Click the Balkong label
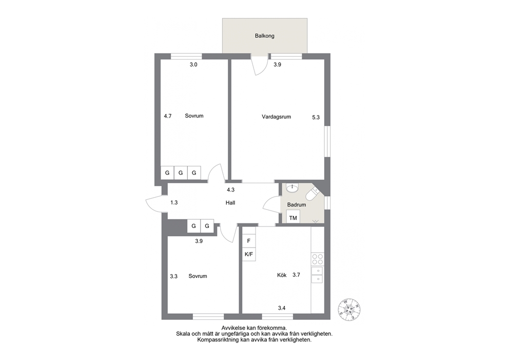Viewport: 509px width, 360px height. tap(265, 36)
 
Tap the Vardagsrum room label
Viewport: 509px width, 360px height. tap(276, 117)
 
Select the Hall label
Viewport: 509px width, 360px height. tap(230, 203)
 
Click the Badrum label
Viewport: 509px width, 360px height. tap(297, 205)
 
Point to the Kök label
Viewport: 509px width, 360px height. tap(282, 275)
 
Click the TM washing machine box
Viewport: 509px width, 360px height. tap(293, 217)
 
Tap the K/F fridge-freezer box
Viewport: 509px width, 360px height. tap(249, 254)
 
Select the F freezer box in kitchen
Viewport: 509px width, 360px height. tap(249, 241)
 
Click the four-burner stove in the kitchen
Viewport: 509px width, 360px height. tap(318, 259)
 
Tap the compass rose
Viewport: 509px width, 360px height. tap(349, 309)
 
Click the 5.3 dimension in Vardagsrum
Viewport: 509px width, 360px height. tap(316, 118)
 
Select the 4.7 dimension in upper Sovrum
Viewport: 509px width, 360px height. tap(167, 116)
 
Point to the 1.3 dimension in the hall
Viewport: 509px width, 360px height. tap(174, 203)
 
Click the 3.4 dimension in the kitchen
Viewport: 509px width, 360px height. tap(282, 308)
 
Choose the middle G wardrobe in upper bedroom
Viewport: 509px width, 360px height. tap(181, 173)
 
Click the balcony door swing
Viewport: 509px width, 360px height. tap(259, 66)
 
